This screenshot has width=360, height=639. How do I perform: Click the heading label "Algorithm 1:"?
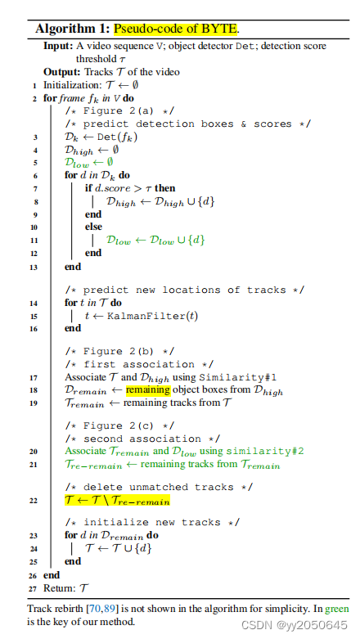click(73, 29)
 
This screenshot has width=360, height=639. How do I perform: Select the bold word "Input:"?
click(58, 46)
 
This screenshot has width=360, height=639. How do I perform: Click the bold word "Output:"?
click(62, 72)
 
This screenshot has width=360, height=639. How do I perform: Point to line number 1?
click(34, 86)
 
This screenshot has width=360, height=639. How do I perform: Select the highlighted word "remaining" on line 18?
click(148, 390)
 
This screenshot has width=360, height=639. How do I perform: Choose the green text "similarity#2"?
click(265, 451)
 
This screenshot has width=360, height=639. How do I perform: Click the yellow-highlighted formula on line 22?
click(118, 501)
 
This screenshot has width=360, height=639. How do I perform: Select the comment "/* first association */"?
click(139, 364)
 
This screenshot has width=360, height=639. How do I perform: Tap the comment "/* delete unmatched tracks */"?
click(159, 487)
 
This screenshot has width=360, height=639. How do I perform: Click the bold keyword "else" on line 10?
click(93, 227)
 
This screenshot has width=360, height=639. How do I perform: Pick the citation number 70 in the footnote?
click(94, 609)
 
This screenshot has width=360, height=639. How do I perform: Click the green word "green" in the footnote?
click(337, 610)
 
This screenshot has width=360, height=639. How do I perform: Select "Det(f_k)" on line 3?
click(118, 137)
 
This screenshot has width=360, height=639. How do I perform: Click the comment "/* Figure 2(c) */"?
click(119, 426)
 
